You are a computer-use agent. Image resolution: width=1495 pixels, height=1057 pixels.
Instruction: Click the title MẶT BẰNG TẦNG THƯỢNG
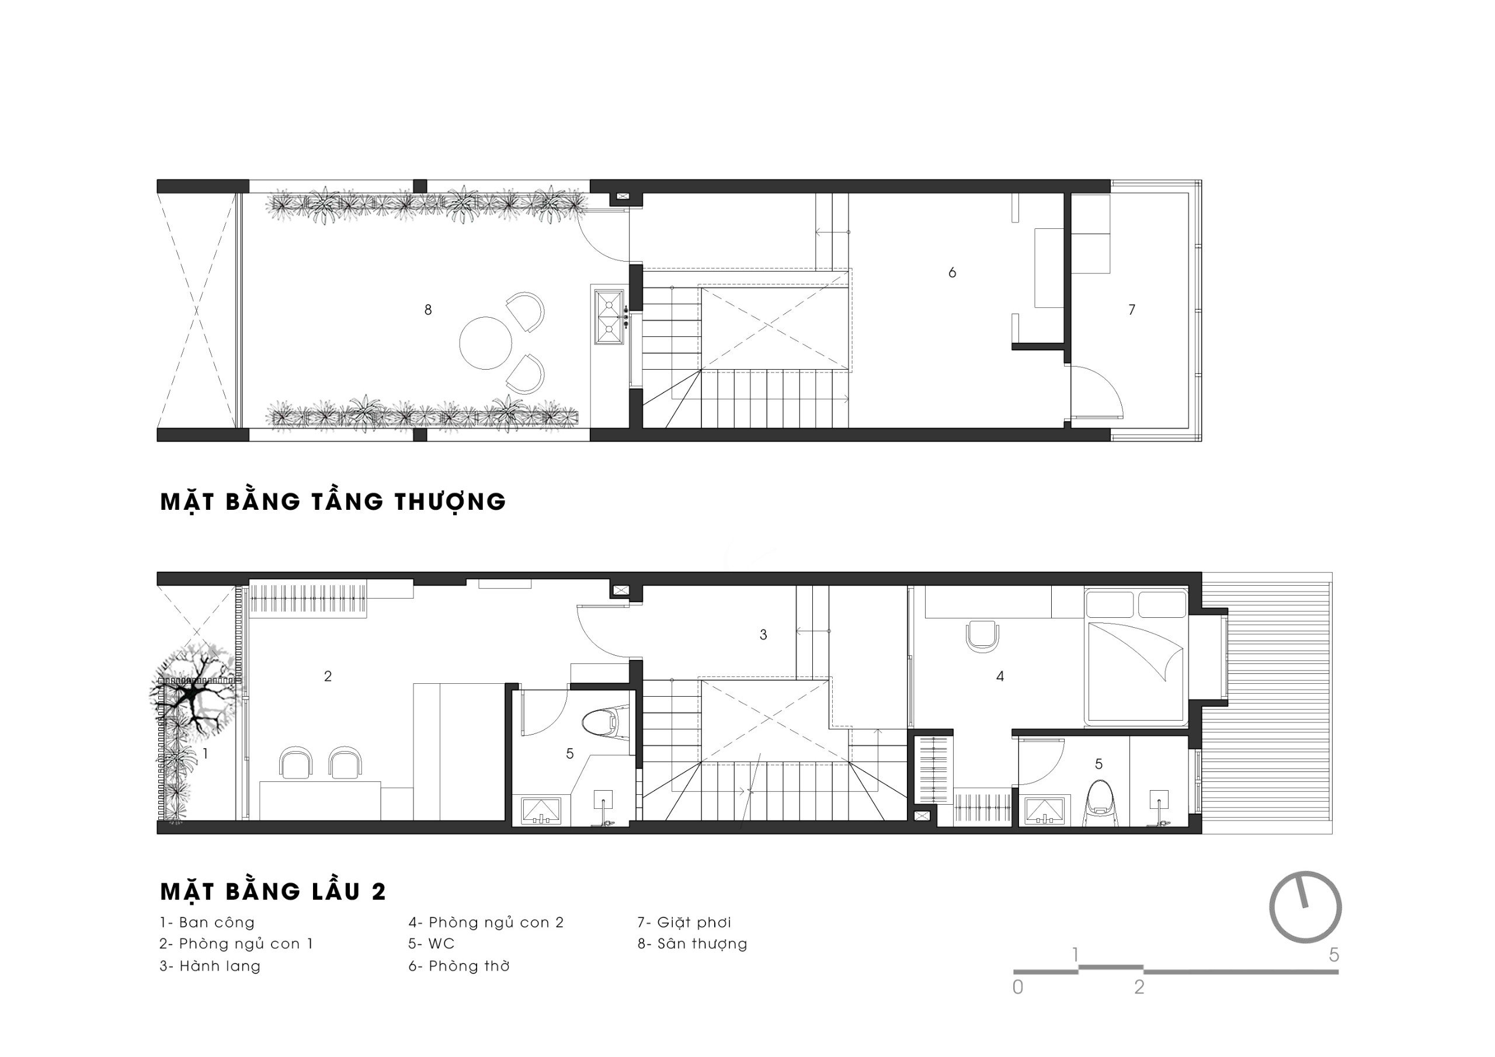[x=333, y=502]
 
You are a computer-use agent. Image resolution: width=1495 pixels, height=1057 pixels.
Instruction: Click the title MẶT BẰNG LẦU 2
[x=273, y=892]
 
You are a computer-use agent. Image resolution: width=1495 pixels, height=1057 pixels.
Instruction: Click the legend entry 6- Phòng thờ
[x=459, y=966]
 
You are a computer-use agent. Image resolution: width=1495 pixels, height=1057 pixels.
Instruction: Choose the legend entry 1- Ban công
[x=207, y=922]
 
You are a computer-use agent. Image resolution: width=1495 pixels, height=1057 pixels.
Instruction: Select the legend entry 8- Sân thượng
[x=692, y=944]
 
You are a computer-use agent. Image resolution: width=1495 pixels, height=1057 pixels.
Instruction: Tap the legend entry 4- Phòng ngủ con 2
[x=486, y=922]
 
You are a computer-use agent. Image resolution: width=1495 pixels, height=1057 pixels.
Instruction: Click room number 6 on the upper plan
[x=952, y=273]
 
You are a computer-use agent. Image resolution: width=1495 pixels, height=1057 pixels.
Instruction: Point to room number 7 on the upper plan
[x=1132, y=310]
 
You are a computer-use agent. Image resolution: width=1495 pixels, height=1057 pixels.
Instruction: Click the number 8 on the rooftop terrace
[x=428, y=310]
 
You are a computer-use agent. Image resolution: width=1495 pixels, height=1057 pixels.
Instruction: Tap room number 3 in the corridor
[x=763, y=634]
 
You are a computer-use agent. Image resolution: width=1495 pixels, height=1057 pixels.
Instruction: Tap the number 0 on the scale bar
[x=1018, y=988]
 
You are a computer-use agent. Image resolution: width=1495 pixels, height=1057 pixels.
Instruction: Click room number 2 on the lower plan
[x=328, y=677]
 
